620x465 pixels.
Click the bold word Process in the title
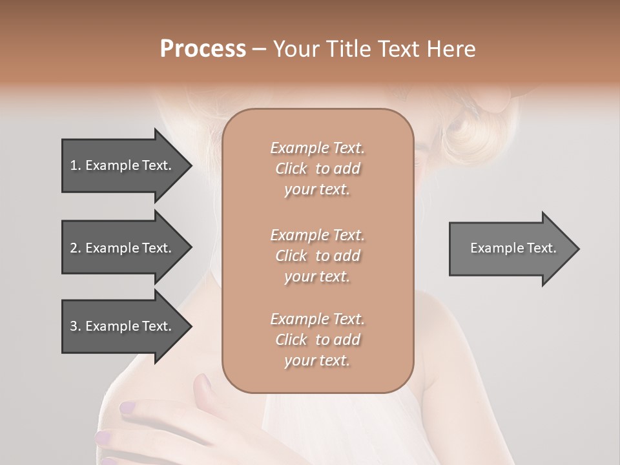[x=203, y=49]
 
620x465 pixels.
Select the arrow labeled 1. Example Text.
[x=123, y=165]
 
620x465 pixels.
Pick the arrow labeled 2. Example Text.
[x=123, y=248]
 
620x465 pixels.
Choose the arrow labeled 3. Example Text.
[x=123, y=326]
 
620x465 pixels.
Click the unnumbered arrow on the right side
[x=510, y=248]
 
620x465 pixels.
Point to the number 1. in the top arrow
[x=76, y=165]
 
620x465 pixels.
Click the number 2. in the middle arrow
[x=76, y=248]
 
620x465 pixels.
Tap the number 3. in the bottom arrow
[x=76, y=326]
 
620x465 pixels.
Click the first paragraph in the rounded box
[x=317, y=169]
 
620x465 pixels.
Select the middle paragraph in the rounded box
[x=317, y=255]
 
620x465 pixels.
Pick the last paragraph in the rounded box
[x=317, y=340]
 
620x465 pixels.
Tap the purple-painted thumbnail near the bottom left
[x=128, y=408]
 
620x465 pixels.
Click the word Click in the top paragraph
[x=291, y=169]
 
